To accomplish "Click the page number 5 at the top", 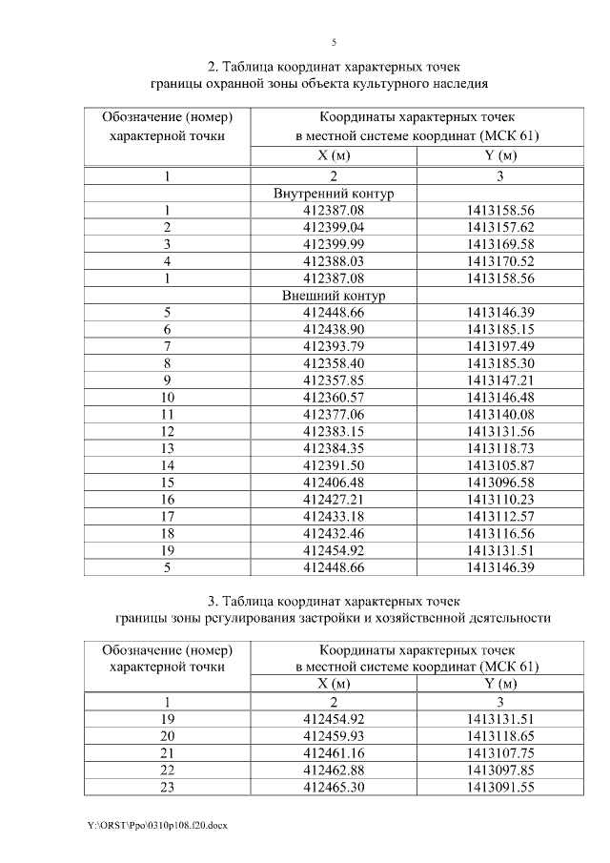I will coord(334,42).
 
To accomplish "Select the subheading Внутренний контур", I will coord(334,194).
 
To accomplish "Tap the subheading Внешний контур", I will coord(334,297).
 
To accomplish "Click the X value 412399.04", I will coord(334,228).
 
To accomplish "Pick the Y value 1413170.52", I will coord(501,262).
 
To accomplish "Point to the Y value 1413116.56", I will coord(501,535).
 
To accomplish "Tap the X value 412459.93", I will coord(334,736).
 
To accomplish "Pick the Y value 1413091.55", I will coord(501,788).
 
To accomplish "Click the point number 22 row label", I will coord(167,771).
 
